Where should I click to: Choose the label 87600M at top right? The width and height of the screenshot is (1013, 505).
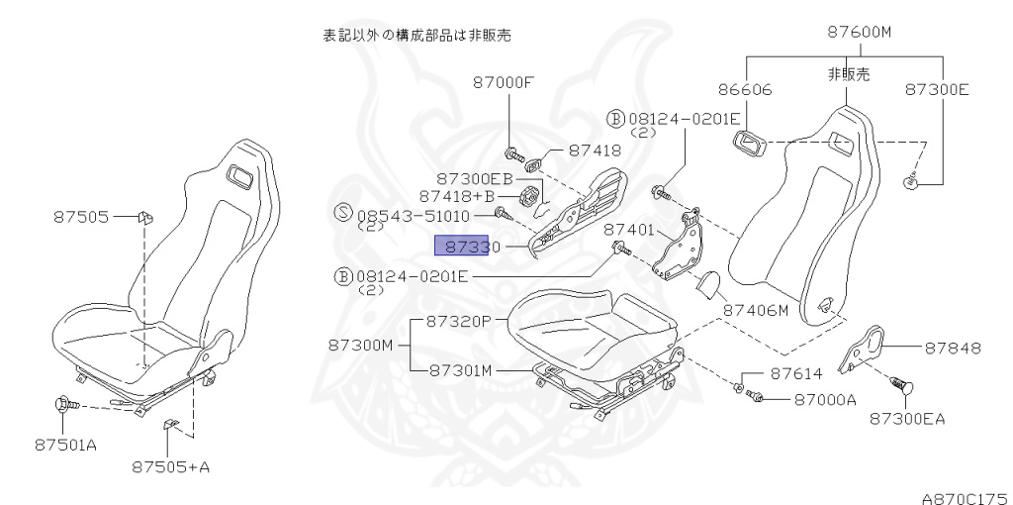pyautogui.click(x=860, y=33)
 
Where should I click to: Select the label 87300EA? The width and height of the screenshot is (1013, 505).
pyautogui.click(x=907, y=418)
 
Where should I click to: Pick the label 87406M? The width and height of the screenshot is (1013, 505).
pyautogui.click(x=755, y=310)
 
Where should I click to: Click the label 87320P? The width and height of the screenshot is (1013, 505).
pyautogui.click(x=459, y=321)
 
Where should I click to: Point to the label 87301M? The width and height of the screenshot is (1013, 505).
pyautogui.click(x=460, y=369)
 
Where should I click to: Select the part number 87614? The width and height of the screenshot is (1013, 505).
pyautogui.click(x=796, y=374)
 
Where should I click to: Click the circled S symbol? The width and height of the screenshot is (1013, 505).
pyautogui.click(x=343, y=213)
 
